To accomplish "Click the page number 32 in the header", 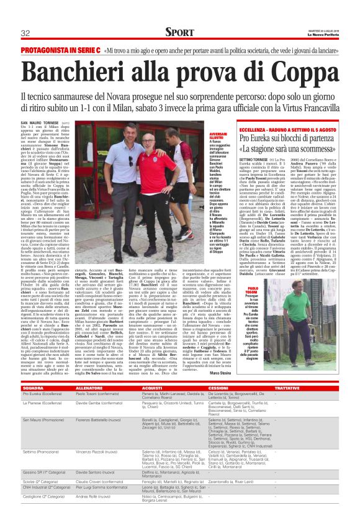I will [25, 33].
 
